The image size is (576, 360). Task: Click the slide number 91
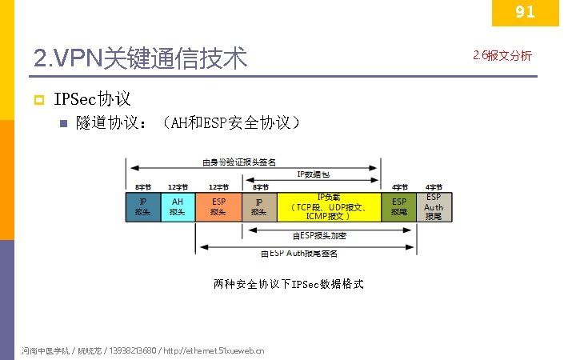[524, 12]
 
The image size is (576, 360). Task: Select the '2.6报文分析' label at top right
[502, 56]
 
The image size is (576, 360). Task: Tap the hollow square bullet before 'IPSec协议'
[37, 100]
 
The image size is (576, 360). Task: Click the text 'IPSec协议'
[92, 99]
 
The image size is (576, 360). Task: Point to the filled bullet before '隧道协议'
[64, 124]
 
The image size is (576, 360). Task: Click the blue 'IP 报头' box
[142, 206]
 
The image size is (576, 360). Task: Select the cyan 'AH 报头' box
[178, 206]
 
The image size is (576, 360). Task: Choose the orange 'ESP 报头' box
[218, 206]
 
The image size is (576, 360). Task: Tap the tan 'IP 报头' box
[259, 206]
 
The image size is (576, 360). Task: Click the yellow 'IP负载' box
[329, 206]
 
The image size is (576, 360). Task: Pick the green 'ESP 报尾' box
[398, 206]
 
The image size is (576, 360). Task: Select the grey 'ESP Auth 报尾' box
[434, 206]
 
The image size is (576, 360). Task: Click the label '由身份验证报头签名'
[239, 162]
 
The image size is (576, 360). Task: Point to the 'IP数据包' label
[313, 174]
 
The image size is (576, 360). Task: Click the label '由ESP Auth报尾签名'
[299, 254]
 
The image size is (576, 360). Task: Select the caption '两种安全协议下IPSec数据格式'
[288, 284]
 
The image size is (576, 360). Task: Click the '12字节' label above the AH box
[178, 187]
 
